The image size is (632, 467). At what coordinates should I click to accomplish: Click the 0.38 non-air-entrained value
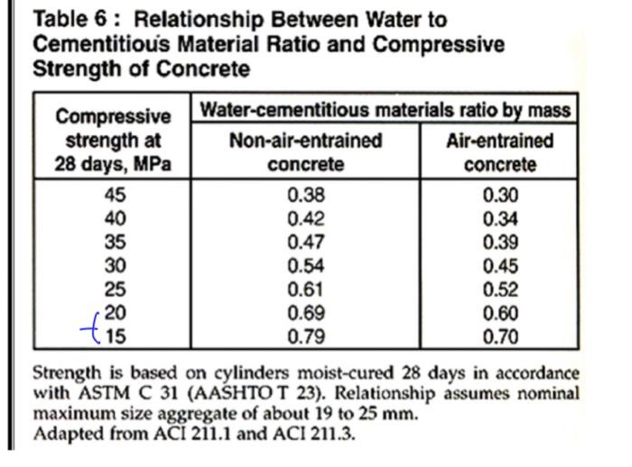306,194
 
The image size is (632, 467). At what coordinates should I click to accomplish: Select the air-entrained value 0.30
500,194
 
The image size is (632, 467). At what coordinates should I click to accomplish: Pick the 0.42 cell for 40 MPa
306,218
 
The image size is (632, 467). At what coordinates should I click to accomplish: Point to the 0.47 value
306,242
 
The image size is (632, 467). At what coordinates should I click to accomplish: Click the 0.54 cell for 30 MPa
306,266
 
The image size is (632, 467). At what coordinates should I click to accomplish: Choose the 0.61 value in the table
306,289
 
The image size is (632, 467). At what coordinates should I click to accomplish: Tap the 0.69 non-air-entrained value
306,313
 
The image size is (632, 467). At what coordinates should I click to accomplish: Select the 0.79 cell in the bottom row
306,337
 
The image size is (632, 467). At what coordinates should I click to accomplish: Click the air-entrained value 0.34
500,218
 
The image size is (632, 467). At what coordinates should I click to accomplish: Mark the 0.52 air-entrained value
500,289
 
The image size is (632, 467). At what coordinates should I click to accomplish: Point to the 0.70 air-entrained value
500,337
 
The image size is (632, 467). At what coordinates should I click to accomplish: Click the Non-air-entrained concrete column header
305,152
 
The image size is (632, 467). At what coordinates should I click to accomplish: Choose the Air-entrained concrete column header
499,152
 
